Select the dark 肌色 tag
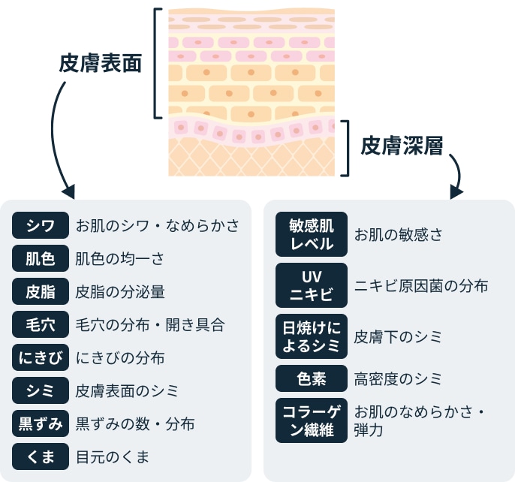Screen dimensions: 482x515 [41, 259]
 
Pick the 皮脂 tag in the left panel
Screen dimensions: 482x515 [41, 292]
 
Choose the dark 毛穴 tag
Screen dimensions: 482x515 [41, 325]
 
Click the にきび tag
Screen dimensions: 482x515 [41, 358]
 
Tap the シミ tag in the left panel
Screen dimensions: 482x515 [41, 391]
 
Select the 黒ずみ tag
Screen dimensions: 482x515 [41, 424]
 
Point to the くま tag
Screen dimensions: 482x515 [41, 456]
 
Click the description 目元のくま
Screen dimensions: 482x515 [113, 456]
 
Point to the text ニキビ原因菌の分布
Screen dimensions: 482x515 [421, 286]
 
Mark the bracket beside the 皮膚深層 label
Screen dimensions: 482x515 [346, 147]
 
